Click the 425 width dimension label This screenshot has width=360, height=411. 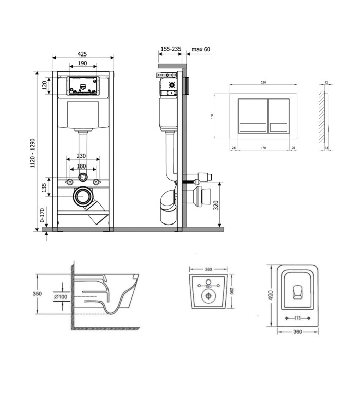82,54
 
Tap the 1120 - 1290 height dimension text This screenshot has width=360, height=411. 32,153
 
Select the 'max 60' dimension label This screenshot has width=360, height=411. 201,49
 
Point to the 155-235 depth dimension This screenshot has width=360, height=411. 171,49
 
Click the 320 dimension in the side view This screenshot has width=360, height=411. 216,205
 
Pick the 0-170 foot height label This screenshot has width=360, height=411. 42,215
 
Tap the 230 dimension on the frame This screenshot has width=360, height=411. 81,156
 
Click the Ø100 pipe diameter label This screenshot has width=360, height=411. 61,297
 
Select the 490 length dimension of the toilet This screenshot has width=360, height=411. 271,295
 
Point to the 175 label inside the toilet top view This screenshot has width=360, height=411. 297,318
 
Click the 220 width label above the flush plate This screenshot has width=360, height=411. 263,82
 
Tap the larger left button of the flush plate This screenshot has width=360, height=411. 253,115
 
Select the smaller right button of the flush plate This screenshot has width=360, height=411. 279,115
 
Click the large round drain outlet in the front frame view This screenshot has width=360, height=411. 83,197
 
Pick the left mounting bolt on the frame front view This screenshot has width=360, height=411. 70,182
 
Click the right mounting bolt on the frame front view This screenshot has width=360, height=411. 97,182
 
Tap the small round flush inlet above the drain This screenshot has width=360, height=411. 83,177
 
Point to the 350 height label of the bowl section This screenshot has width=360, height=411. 37,294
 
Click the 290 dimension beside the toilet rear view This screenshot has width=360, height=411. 232,291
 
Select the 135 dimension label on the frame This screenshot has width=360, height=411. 44,188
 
